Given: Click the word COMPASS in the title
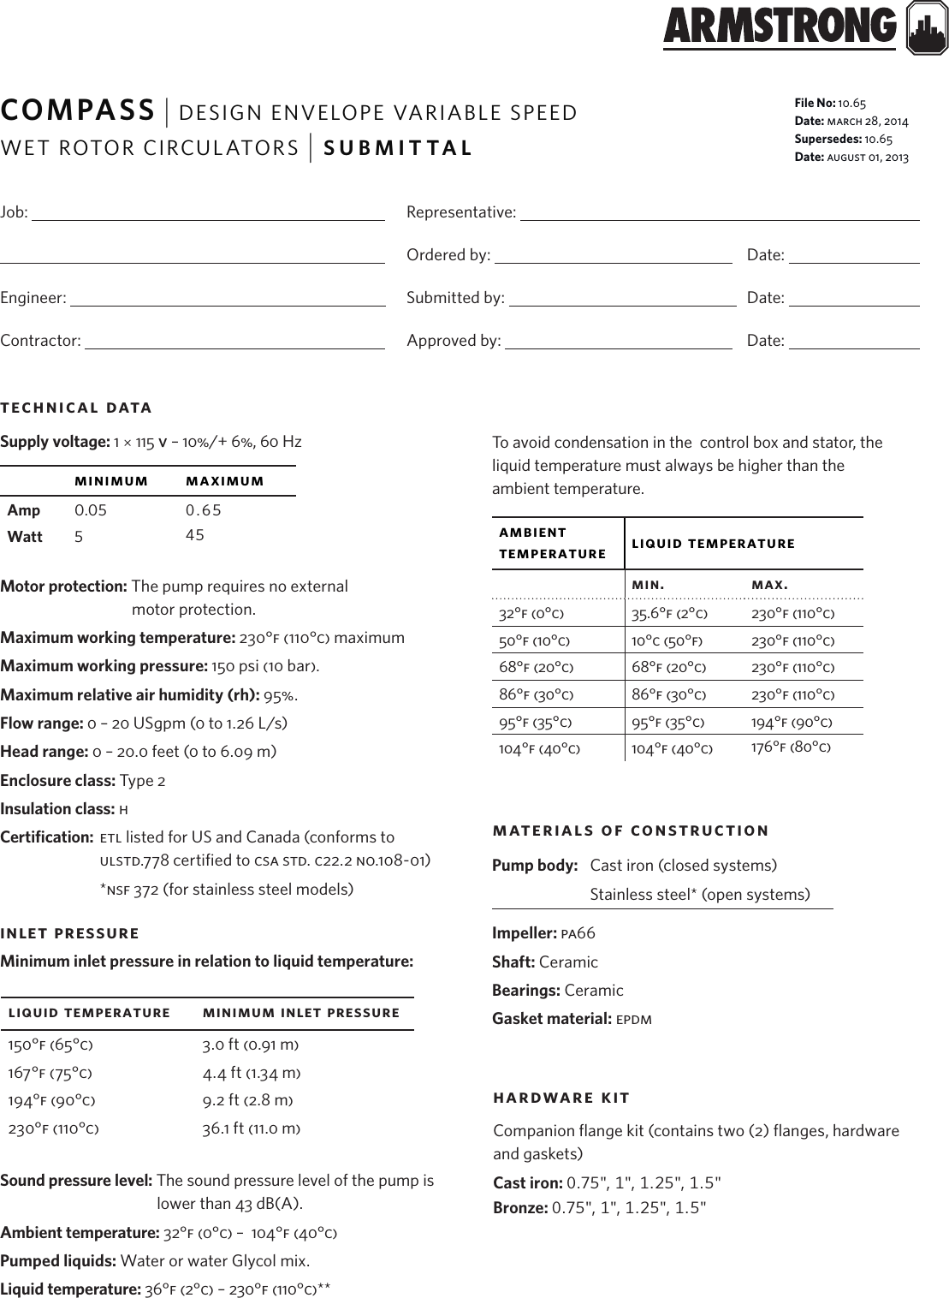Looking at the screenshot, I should click(x=77, y=110).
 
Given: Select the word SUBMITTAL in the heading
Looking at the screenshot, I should click(x=398, y=147).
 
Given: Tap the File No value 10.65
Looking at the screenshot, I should click(x=852, y=103).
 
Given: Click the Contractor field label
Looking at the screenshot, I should click(x=40, y=341).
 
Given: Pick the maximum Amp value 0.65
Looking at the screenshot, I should click(x=204, y=510).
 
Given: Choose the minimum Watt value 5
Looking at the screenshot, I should click(x=79, y=537).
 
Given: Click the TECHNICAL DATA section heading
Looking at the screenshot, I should click(x=76, y=408).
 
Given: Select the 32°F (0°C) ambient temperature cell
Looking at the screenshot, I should click(x=531, y=614).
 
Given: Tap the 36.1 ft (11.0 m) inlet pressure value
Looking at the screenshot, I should click(x=251, y=1128).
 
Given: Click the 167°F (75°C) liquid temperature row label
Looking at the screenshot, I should click(x=50, y=1073).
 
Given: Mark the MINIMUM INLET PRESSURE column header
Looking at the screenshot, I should click(x=301, y=1013).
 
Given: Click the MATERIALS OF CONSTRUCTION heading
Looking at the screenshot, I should click(x=631, y=831).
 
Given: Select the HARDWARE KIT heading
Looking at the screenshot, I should click(x=561, y=1098).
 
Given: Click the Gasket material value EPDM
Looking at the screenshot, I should click(x=634, y=1019).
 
